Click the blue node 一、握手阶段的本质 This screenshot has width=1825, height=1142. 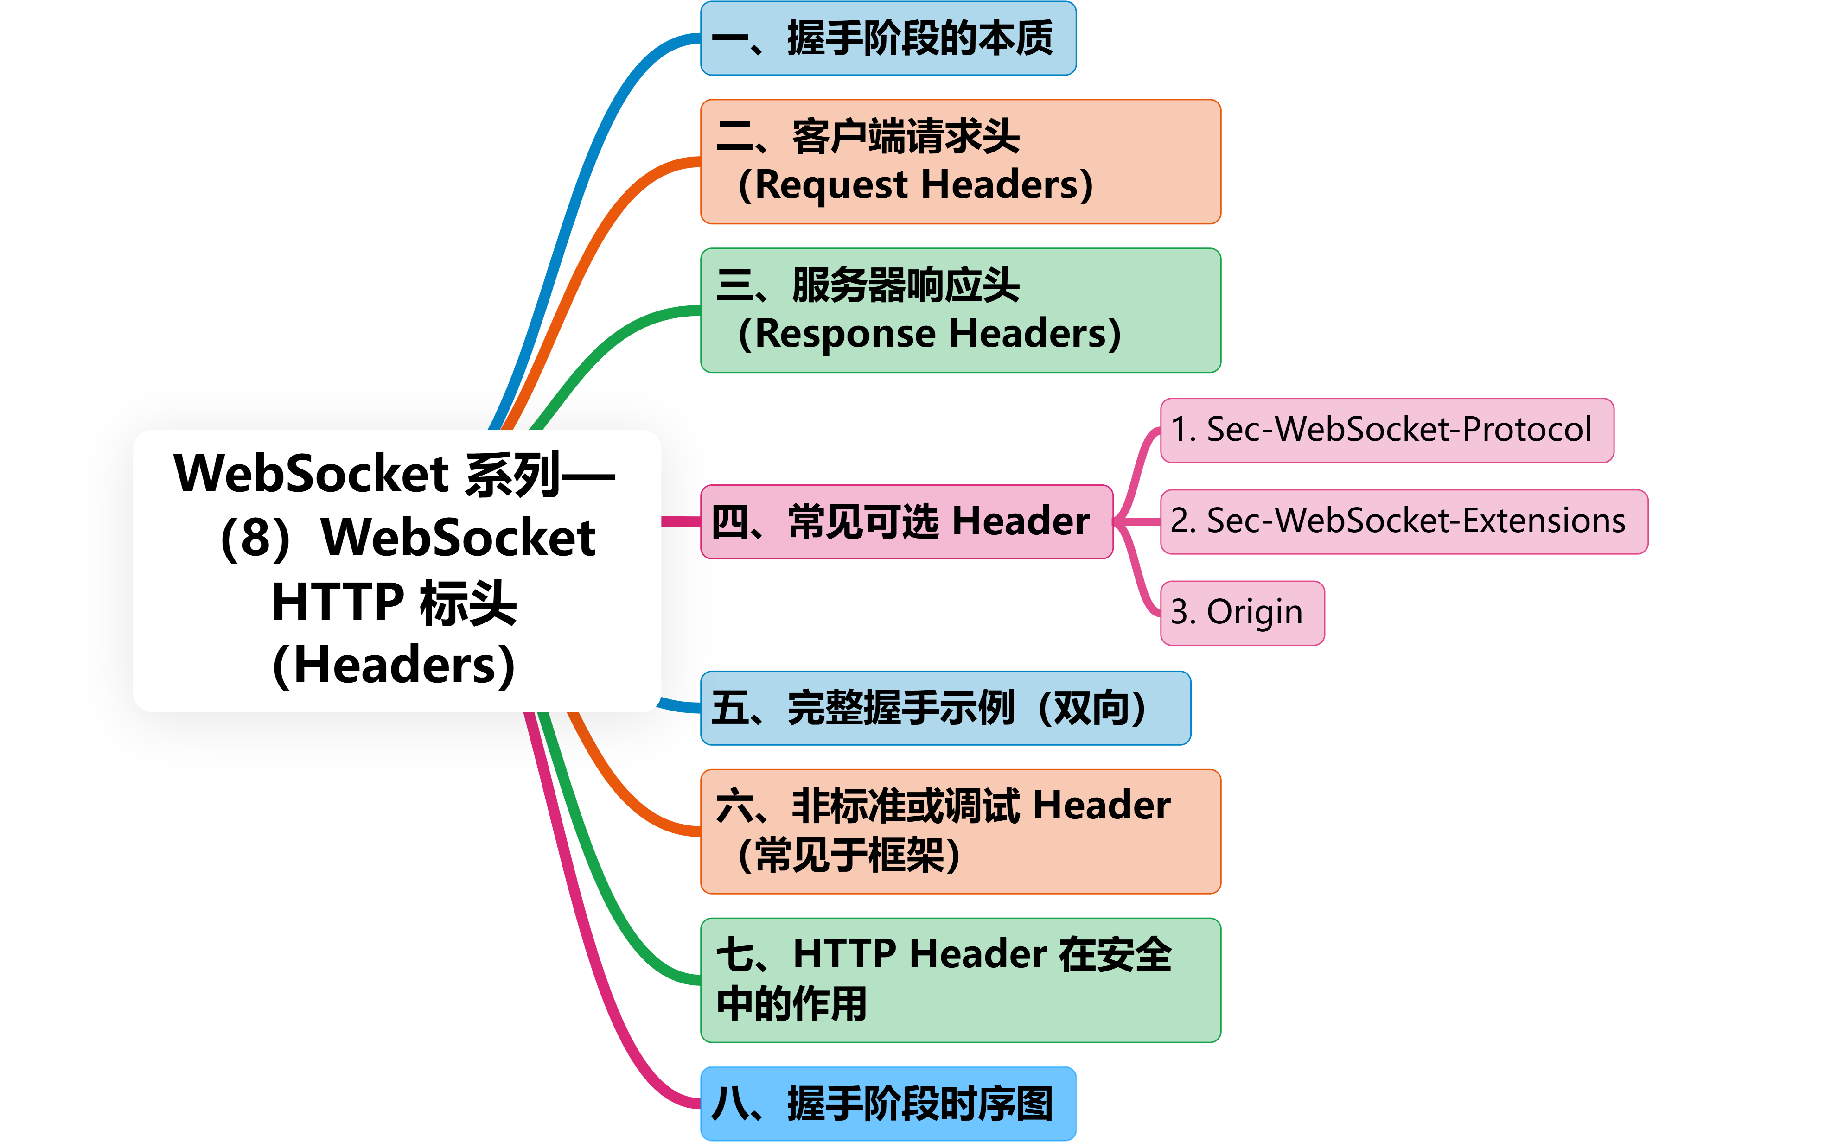(x=887, y=38)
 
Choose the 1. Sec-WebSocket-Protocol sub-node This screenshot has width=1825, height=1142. (x=1386, y=430)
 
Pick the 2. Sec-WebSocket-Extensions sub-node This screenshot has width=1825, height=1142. (x=1404, y=521)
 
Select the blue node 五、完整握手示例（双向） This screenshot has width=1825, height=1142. (x=944, y=708)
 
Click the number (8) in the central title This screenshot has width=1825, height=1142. (x=255, y=539)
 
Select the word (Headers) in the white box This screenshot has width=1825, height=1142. (x=394, y=666)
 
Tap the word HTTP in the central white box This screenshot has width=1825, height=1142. (x=338, y=602)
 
